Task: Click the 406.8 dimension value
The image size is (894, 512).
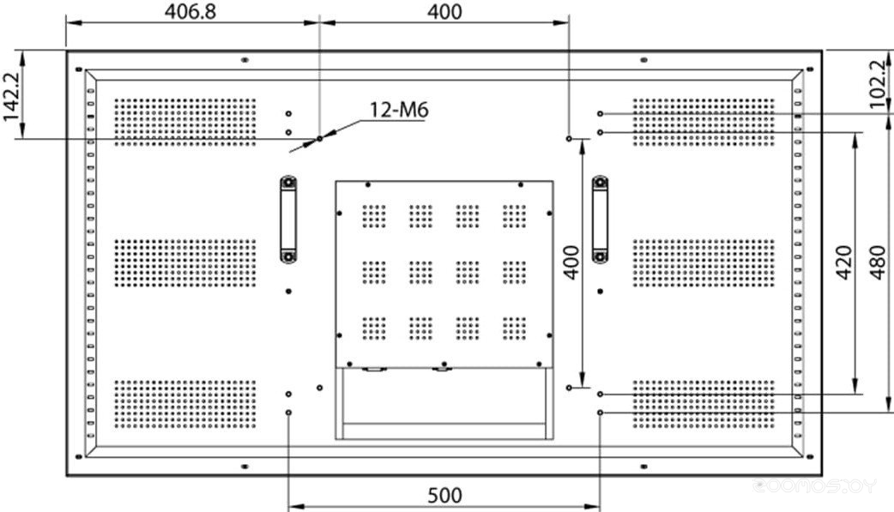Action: click(x=190, y=11)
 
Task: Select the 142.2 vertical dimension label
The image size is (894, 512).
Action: click(x=11, y=96)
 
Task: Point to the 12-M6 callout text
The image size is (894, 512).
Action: click(x=399, y=110)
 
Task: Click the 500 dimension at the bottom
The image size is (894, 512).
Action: click(x=444, y=496)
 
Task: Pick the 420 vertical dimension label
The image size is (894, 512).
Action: click(x=844, y=262)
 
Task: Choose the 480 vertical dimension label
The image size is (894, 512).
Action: click(x=879, y=262)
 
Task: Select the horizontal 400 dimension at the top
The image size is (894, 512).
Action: click(x=444, y=11)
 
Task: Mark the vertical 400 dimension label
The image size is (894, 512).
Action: click(x=572, y=262)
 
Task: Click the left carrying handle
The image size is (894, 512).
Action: click(x=288, y=220)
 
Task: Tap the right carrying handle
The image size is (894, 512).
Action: click(x=600, y=220)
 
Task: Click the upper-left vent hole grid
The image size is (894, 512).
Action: click(x=185, y=122)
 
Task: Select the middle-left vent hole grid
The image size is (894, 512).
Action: click(x=185, y=262)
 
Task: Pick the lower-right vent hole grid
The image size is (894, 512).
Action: click(x=704, y=404)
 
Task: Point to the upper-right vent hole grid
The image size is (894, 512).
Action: click(x=704, y=122)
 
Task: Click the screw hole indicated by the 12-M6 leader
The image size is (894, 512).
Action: click(x=320, y=139)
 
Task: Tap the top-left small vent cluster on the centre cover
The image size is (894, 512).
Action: click(x=374, y=217)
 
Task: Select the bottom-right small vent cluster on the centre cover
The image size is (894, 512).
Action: click(x=514, y=329)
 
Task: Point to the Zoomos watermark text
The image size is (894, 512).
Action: click(x=814, y=486)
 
